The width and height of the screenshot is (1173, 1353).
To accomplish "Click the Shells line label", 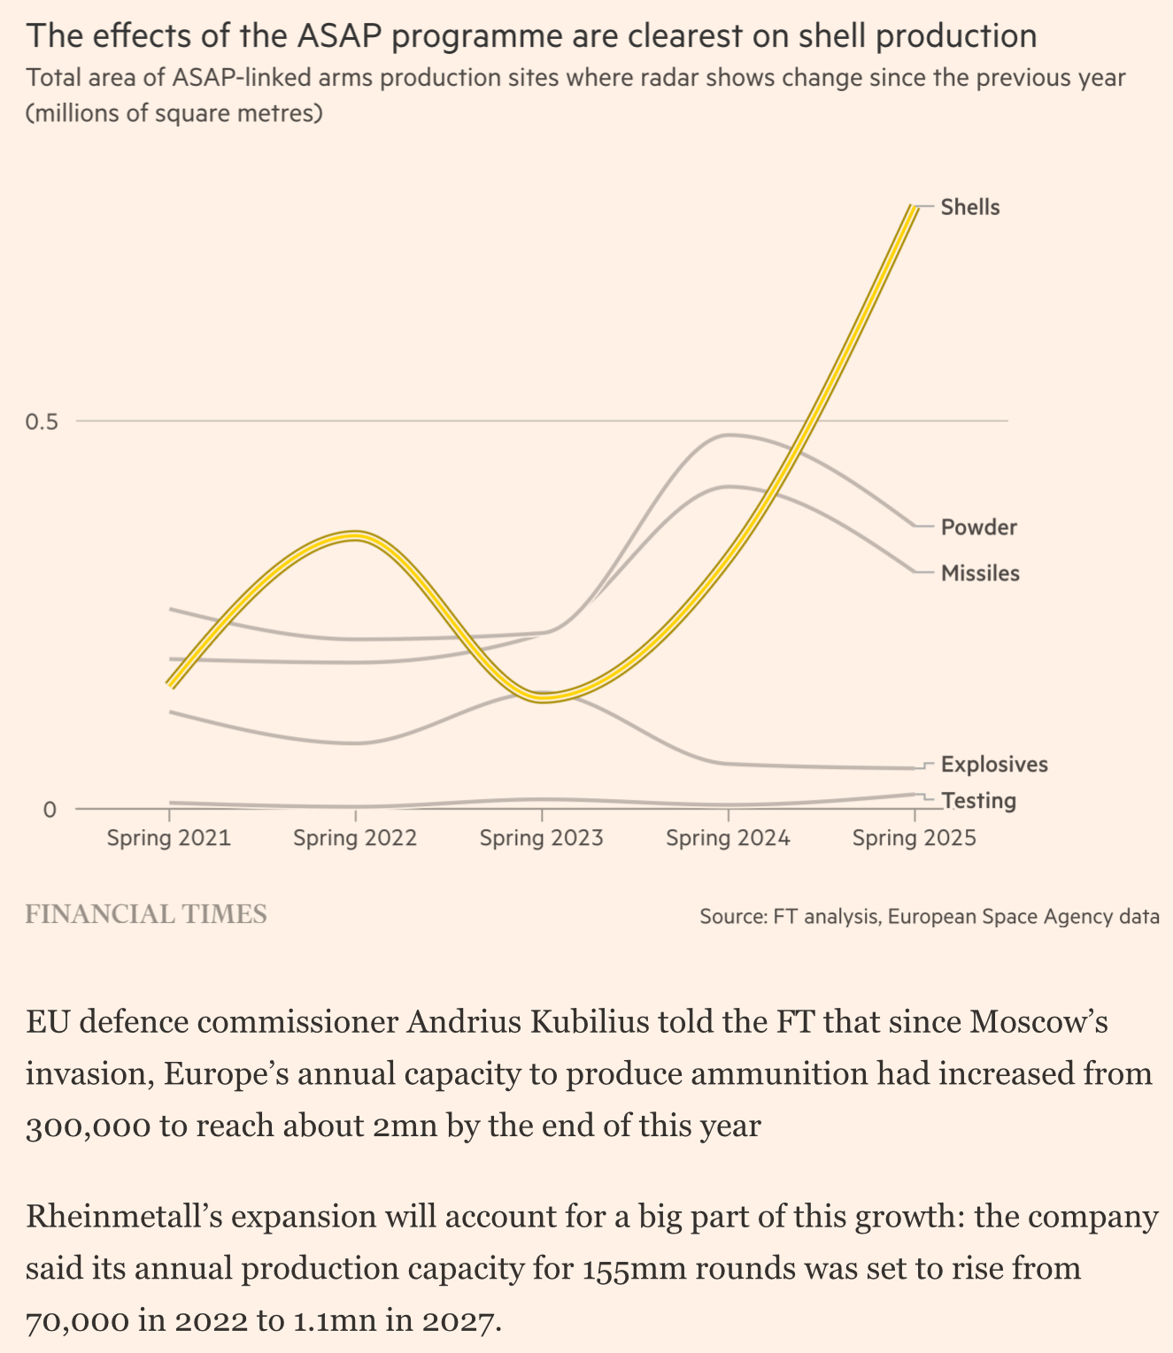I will pos(969,208).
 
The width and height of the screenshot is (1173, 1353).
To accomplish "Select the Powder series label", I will pos(978,528).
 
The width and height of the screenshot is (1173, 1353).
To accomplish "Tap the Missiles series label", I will pos(980,573).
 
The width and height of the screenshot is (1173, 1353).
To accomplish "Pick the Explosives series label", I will pos(994,765).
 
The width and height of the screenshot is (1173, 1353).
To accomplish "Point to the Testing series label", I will pos(978,801).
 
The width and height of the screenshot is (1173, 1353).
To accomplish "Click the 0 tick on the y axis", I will pos(49,809).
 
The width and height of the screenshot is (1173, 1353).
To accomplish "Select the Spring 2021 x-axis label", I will pos(168,838).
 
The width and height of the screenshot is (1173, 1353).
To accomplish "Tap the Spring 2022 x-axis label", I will pos(355,838).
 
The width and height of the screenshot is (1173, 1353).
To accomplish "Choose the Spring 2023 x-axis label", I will pos(541,838).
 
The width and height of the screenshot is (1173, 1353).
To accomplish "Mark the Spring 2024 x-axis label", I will pos(728,838).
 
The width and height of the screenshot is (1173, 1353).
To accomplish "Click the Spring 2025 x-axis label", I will pos(914,838).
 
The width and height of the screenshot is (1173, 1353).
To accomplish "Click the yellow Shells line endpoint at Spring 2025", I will pos(913,208).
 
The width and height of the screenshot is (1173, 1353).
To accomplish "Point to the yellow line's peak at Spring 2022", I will pos(355,535).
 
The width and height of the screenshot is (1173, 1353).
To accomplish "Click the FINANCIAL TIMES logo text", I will pos(146,915).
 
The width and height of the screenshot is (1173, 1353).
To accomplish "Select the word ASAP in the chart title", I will pos(344,36).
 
